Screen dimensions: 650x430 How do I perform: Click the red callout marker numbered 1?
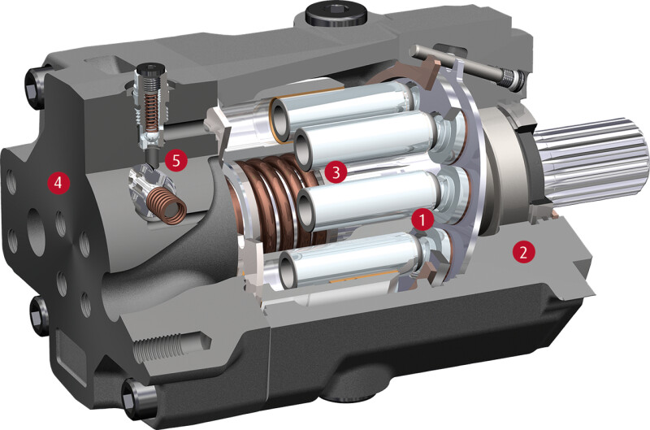[422, 219]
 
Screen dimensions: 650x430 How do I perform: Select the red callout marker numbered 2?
[523, 251]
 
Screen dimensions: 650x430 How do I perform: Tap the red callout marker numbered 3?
[336, 172]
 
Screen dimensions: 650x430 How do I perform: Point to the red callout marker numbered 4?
[58, 181]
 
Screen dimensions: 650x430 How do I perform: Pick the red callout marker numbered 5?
[176, 160]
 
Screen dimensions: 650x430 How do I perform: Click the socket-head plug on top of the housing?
[336, 15]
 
